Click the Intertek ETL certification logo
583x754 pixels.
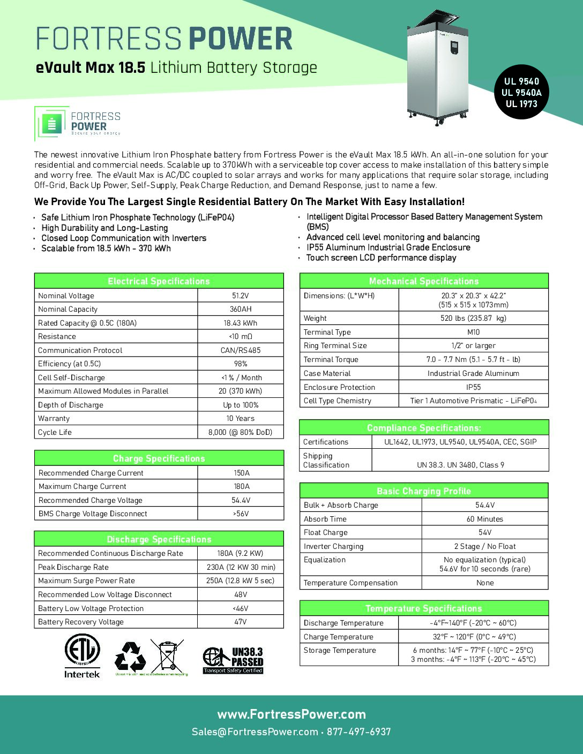pos(82,656)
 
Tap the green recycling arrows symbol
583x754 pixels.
pos(130,656)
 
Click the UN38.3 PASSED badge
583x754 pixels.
pos(233,660)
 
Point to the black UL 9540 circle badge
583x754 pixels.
pos(521,92)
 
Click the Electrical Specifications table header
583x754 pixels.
pos(159,281)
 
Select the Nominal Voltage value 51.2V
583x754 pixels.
pos(241,296)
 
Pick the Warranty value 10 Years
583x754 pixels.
pos(241,418)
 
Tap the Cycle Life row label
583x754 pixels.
pos(55,432)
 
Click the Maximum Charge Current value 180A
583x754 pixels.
pos(241,486)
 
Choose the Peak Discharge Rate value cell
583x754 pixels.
pos(241,567)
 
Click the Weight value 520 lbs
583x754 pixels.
pos(473,318)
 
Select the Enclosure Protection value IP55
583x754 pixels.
pos(473,387)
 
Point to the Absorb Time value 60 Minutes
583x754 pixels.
pos(485,519)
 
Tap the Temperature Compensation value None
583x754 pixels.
pos(485,583)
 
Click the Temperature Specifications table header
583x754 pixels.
pos(423,608)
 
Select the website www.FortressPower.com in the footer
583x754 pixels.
pos(291,714)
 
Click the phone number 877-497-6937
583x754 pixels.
pos(359,732)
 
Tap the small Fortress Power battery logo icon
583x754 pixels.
pos(52,124)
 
